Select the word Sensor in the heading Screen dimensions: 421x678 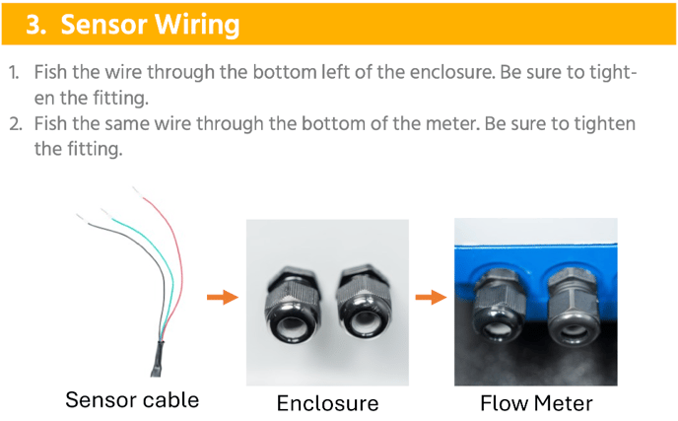tap(100, 24)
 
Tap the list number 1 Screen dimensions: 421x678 tap(15, 73)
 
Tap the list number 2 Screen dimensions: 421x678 tap(15, 125)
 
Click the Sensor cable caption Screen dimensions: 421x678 tap(132, 400)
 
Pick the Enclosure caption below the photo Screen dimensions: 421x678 tap(327, 402)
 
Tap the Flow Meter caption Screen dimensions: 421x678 tap(536, 402)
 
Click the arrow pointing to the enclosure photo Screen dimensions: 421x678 tap(223, 296)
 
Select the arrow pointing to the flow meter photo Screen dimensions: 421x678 tap(430, 296)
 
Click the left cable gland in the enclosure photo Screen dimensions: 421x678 tap(292, 300)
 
